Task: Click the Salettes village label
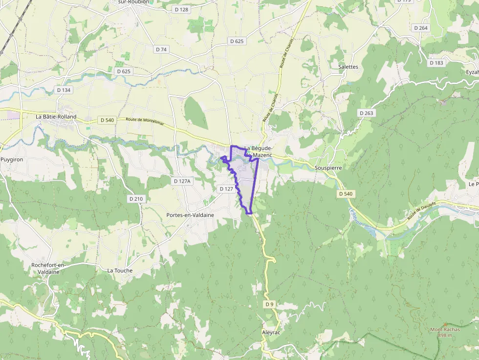(x=348, y=67)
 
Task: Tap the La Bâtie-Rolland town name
(x=56, y=117)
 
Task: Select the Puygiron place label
(x=12, y=159)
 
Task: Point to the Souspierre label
(x=328, y=168)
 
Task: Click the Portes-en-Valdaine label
(x=190, y=215)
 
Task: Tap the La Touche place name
(x=120, y=270)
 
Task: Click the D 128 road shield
(x=181, y=9)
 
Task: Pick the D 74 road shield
(x=161, y=49)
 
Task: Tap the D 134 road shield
(x=64, y=90)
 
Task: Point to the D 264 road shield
(x=420, y=28)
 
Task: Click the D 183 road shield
(x=436, y=63)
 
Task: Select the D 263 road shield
(x=366, y=113)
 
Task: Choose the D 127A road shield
(x=182, y=181)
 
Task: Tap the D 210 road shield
(x=136, y=199)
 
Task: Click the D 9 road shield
(x=269, y=304)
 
